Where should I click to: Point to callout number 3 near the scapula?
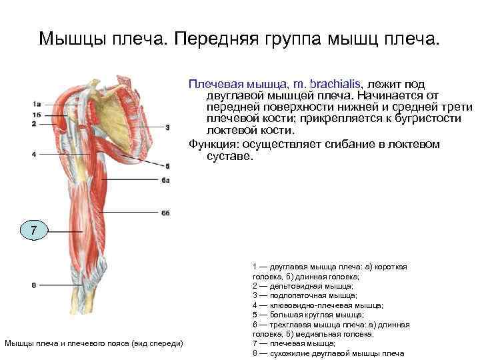click(168, 126)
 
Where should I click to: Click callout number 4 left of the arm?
click(33, 155)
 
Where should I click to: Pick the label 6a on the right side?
click(166, 181)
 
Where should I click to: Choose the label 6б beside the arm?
click(166, 213)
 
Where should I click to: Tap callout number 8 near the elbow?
click(33, 285)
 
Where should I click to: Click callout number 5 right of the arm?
click(167, 166)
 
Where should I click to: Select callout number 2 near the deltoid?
click(33, 123)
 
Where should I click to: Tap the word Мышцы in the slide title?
click(71, 38)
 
